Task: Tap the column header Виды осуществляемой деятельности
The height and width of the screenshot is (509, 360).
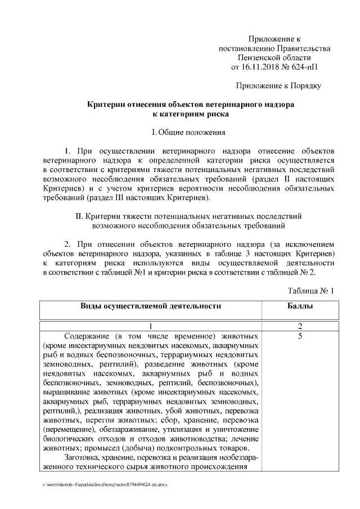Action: tap(151, 307)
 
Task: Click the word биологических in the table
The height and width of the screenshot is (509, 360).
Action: tap(67, 439)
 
